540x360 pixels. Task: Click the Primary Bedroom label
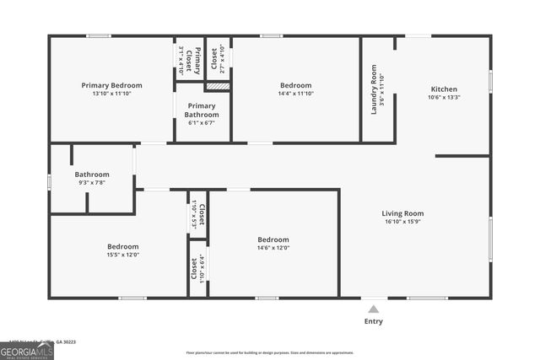111,85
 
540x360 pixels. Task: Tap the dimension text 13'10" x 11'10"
111,94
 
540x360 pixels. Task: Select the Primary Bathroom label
202,110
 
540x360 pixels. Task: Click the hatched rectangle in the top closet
218,86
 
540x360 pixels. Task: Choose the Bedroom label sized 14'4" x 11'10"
295,85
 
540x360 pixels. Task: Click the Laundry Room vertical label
374,89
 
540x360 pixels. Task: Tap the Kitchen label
444,89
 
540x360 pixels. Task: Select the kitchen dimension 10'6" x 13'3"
444,97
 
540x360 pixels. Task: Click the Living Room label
402,214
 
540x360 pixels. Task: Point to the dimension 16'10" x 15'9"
402,223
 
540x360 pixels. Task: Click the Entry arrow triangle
373,308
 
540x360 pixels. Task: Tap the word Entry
373,321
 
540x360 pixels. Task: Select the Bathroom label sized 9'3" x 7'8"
92,175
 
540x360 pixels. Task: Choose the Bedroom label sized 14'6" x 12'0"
273,239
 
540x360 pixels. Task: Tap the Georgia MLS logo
27,351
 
